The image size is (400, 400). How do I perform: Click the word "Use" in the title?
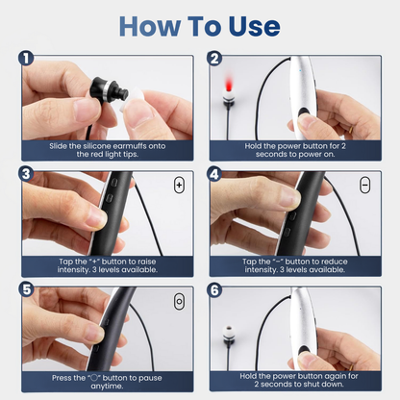(252, 25)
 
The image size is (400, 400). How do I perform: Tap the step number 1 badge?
(26, 59)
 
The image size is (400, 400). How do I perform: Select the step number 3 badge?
(26, 174)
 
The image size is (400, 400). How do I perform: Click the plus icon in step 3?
(179, 183)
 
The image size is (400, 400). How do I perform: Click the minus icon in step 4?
(365, 183)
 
